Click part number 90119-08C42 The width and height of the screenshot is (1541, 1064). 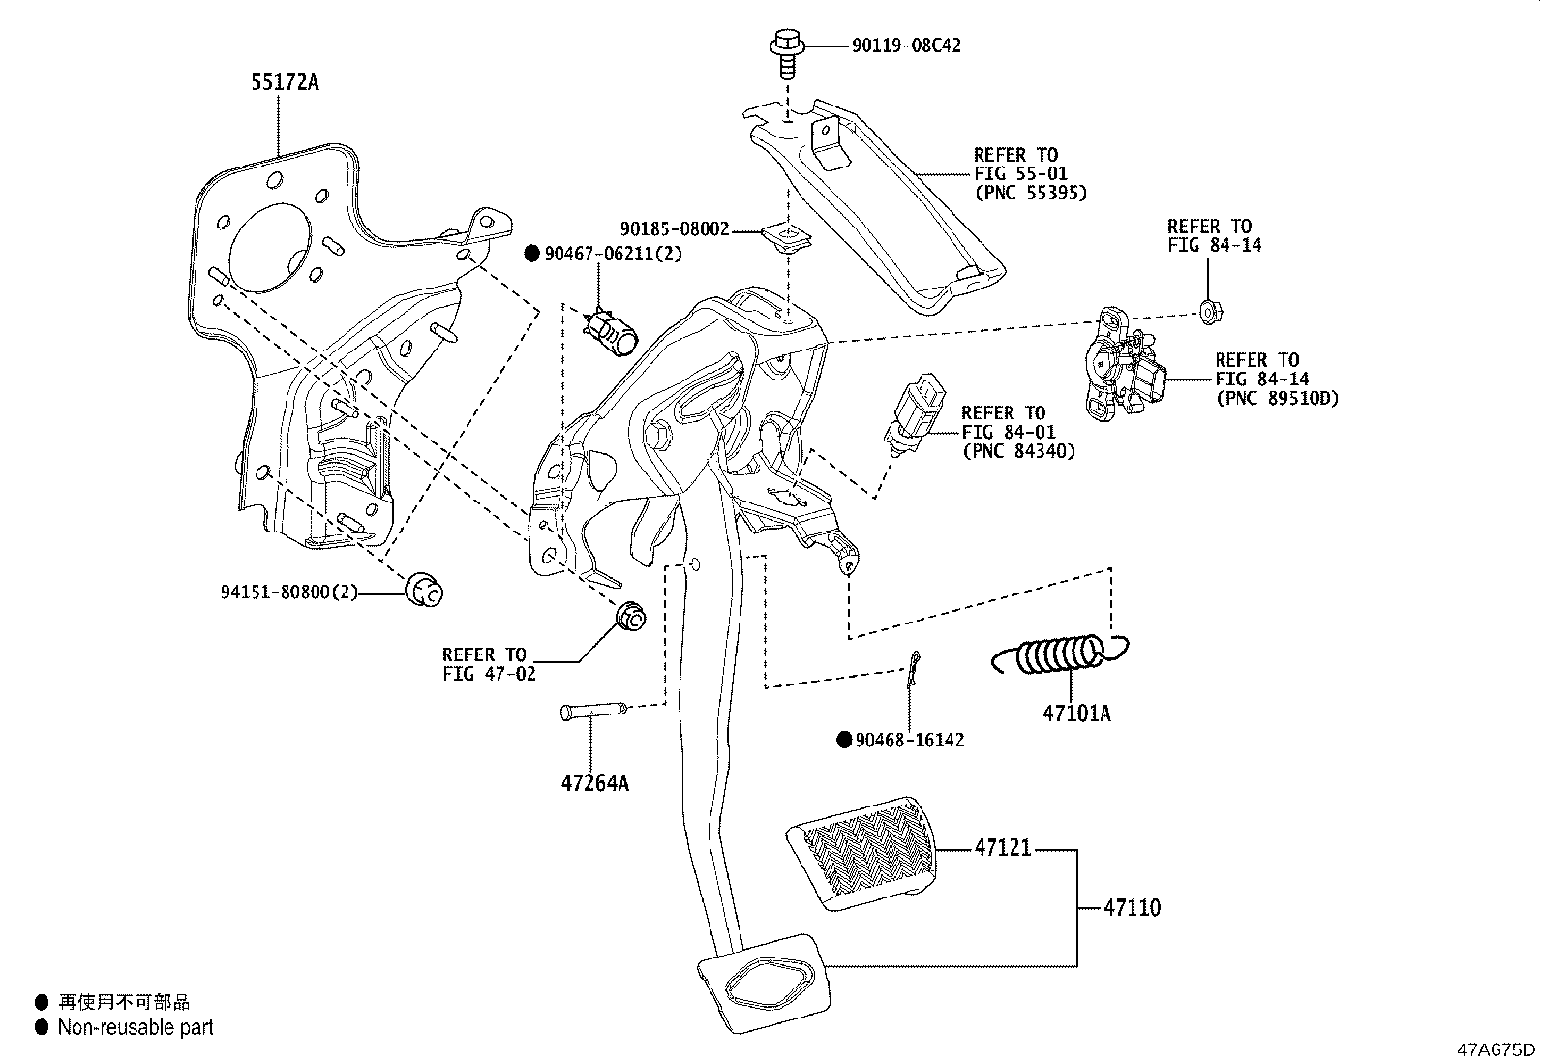(x=906, y=46)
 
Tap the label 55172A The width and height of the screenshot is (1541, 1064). (x=285, y=82)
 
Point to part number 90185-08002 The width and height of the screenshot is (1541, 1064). (x=675, y=230)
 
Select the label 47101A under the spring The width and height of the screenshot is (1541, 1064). (x=1076, y=714)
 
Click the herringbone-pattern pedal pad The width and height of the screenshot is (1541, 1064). (x=861, y=853)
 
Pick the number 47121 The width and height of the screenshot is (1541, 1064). (x=1003, y=848)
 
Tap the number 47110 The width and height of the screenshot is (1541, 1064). (x=1132, y=908)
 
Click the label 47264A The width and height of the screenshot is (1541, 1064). (x=595, y=783)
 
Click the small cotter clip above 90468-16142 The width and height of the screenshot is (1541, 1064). (x=912, y=670)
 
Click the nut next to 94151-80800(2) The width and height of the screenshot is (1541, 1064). (x=422, y=589)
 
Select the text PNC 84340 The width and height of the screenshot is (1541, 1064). (x=1018, y=451)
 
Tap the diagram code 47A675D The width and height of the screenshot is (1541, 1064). (x=1496, y=1049)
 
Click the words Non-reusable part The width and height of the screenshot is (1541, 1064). (x=136, y=1028)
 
